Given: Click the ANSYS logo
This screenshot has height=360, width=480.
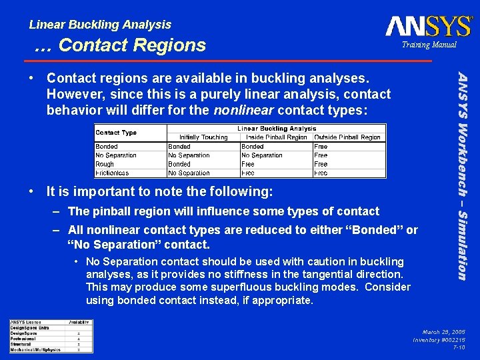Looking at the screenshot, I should pos(428,26).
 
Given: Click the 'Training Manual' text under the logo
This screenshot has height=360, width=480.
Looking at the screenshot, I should pos(429,45).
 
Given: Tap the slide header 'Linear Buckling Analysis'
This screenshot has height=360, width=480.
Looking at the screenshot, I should pos(100,25).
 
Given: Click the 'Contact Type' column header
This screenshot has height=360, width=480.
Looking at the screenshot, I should pos(116,133).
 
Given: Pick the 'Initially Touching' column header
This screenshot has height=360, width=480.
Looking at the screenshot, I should pos(203,137).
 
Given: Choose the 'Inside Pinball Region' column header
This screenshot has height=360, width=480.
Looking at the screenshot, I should pos(275,137).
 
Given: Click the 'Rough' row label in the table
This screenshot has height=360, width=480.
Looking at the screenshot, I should pos(105,164).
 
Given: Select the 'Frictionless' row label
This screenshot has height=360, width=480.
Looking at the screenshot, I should pos(112,173).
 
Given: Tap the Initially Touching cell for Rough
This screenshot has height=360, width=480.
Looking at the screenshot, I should pos(179,164).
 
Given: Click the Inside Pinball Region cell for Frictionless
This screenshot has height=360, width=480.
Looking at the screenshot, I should pos(248,173).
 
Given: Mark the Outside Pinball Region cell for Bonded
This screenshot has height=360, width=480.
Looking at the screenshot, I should pos(321,147).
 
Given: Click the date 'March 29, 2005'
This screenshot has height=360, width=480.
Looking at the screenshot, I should pos(443,331).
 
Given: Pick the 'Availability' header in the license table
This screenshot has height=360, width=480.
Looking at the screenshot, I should pos(79,322).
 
